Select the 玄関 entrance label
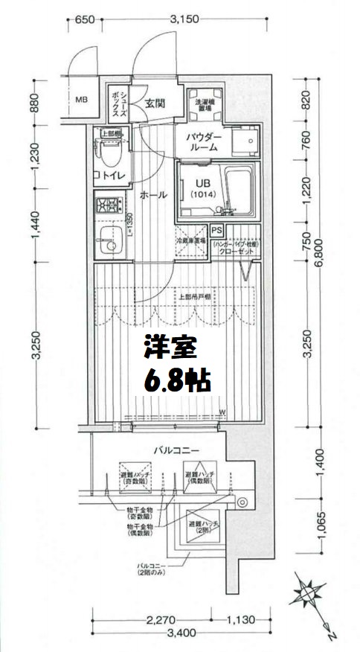[x=155, y=103]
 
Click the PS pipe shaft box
[x=218, y=231]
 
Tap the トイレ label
[x=110, y=176]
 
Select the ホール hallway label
[x=152, y=195]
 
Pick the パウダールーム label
[x=202, y=141]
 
